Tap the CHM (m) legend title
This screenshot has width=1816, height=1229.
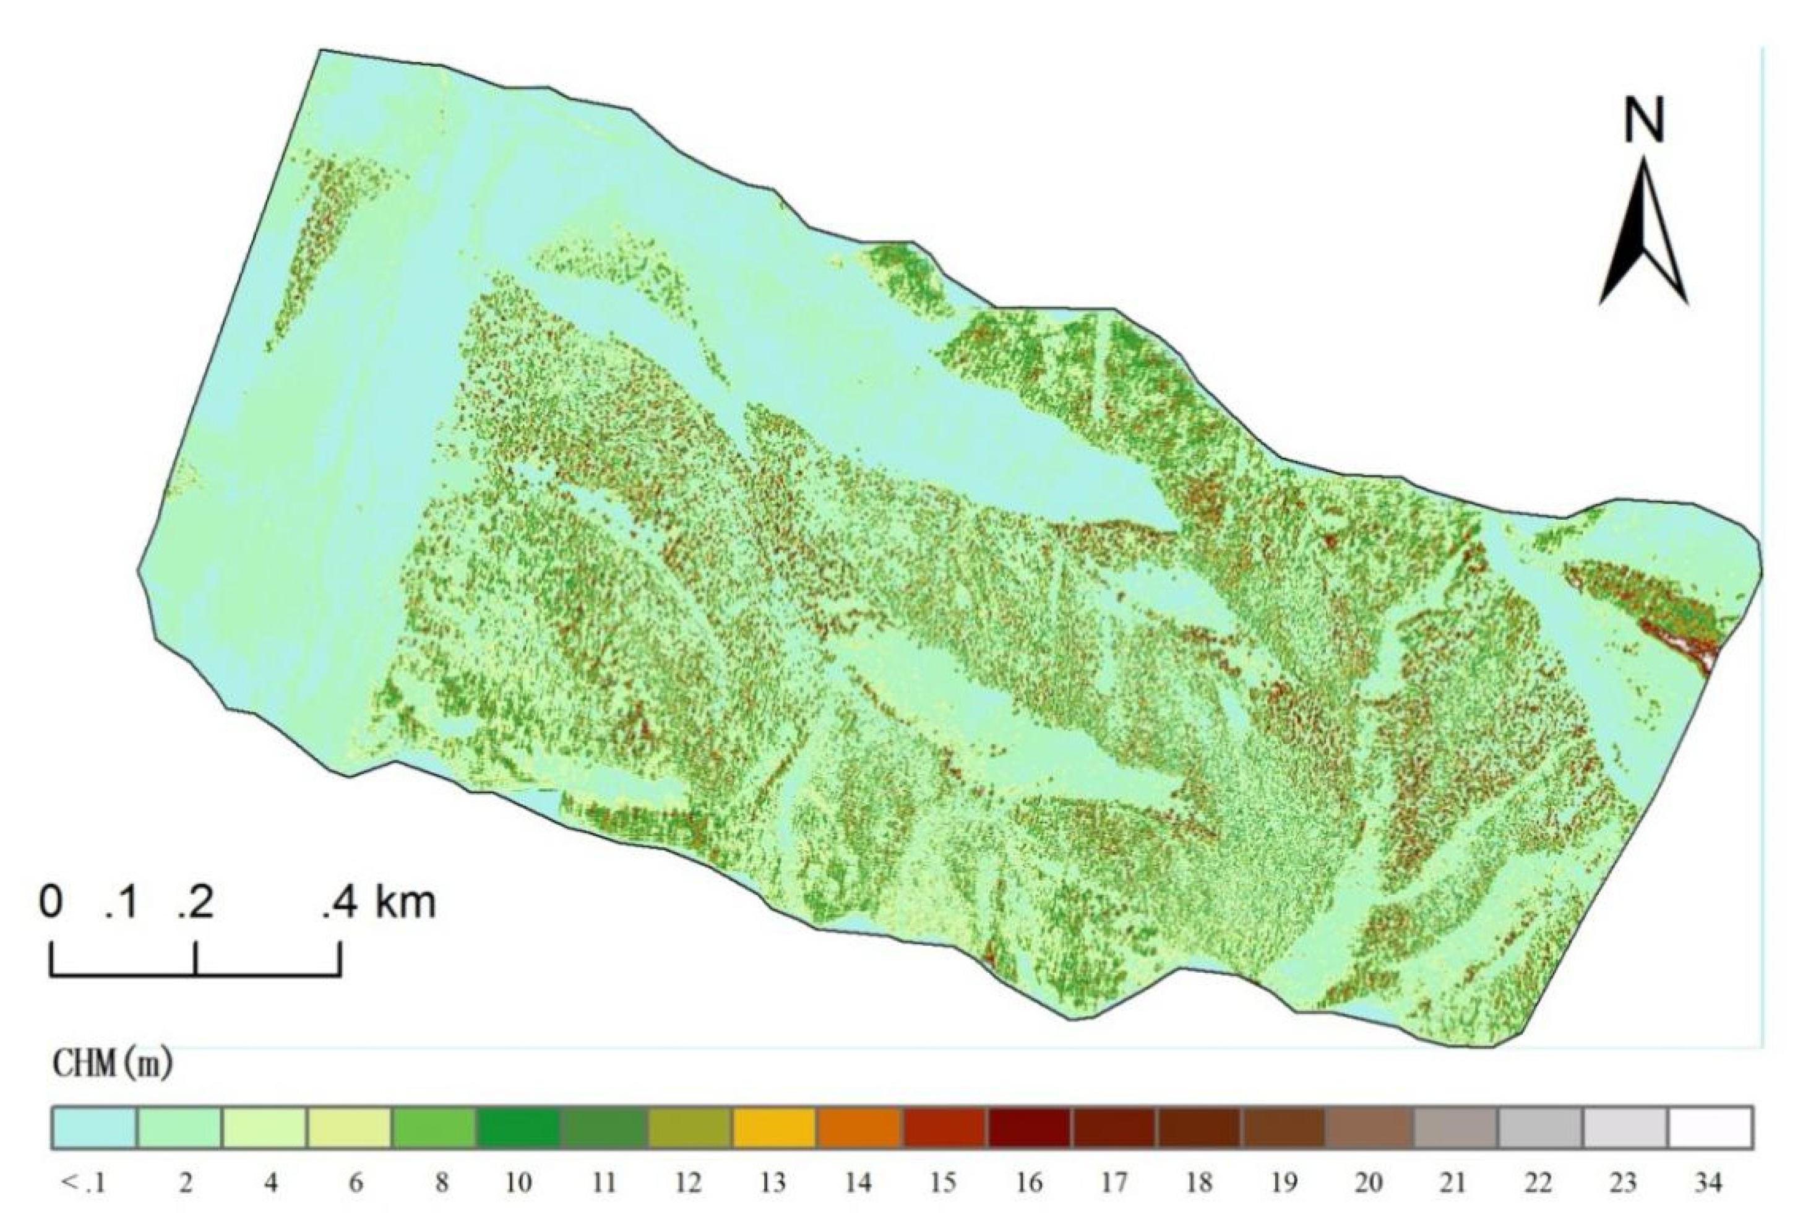coord(113,1064)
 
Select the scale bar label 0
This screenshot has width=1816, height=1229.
coord(51,903)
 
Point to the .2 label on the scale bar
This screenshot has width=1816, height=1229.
coord(196,903)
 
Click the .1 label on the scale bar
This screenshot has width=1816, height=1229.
coord(122,903)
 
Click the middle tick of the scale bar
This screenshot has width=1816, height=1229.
coord(196,959)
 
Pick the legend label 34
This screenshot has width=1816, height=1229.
coord(1708,1184)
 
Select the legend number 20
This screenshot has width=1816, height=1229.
coord(1367,1184)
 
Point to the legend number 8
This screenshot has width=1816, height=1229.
coord(442,1184)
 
